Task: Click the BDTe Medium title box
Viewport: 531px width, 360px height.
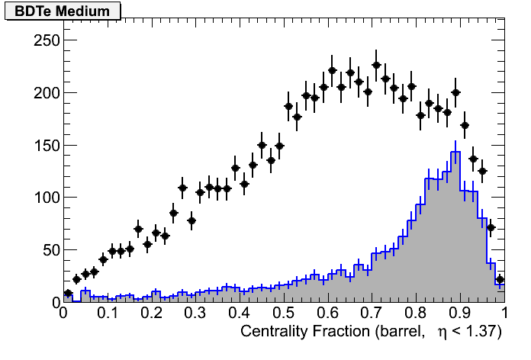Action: click(x=63, y=11)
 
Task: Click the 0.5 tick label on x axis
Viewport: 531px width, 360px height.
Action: click(x=284, y=313)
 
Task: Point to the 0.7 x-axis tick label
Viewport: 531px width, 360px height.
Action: click(x=372, y=313)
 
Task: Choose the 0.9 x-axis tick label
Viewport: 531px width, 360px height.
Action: click(x=460, y=313)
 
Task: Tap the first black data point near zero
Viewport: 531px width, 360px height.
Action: click(x=68, y=293)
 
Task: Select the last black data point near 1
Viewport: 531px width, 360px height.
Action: click(x=500, y=280)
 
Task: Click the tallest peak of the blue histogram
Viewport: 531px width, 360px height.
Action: click(x=455, y=152)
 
